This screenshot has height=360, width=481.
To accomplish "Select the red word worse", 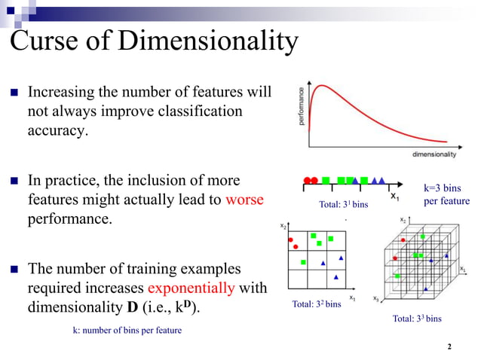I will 244,201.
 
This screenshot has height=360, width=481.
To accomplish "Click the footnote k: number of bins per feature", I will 126,330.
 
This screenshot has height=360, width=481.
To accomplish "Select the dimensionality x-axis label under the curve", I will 434,154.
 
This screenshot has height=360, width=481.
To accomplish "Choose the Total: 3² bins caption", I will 316,304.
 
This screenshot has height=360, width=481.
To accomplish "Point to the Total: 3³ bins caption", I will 417,319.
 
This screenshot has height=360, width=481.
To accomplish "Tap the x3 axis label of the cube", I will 376,298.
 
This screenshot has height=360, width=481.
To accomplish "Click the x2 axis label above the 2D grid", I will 283,226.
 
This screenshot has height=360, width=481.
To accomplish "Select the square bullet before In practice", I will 14,182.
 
